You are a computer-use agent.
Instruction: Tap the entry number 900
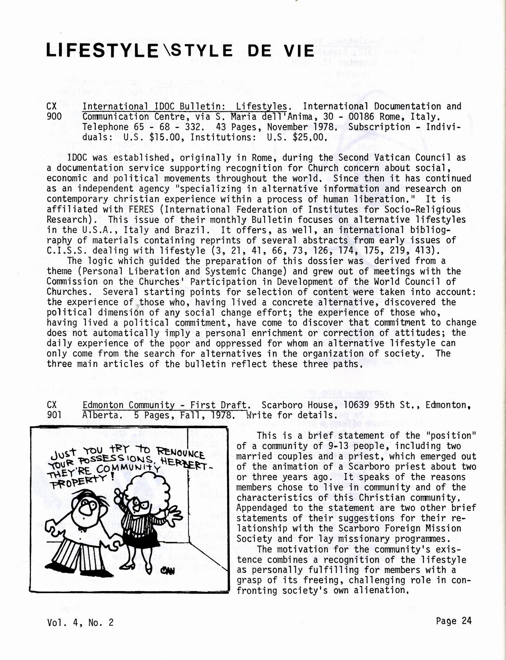pyautogui.click(x=54, y=117)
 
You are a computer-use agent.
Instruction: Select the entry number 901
pyautogui.click(x=54, y=415)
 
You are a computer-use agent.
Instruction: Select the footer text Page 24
pyautogui.click(x=454, y=621)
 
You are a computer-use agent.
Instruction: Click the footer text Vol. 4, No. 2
pyautogui.click(x=80, y=623)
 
